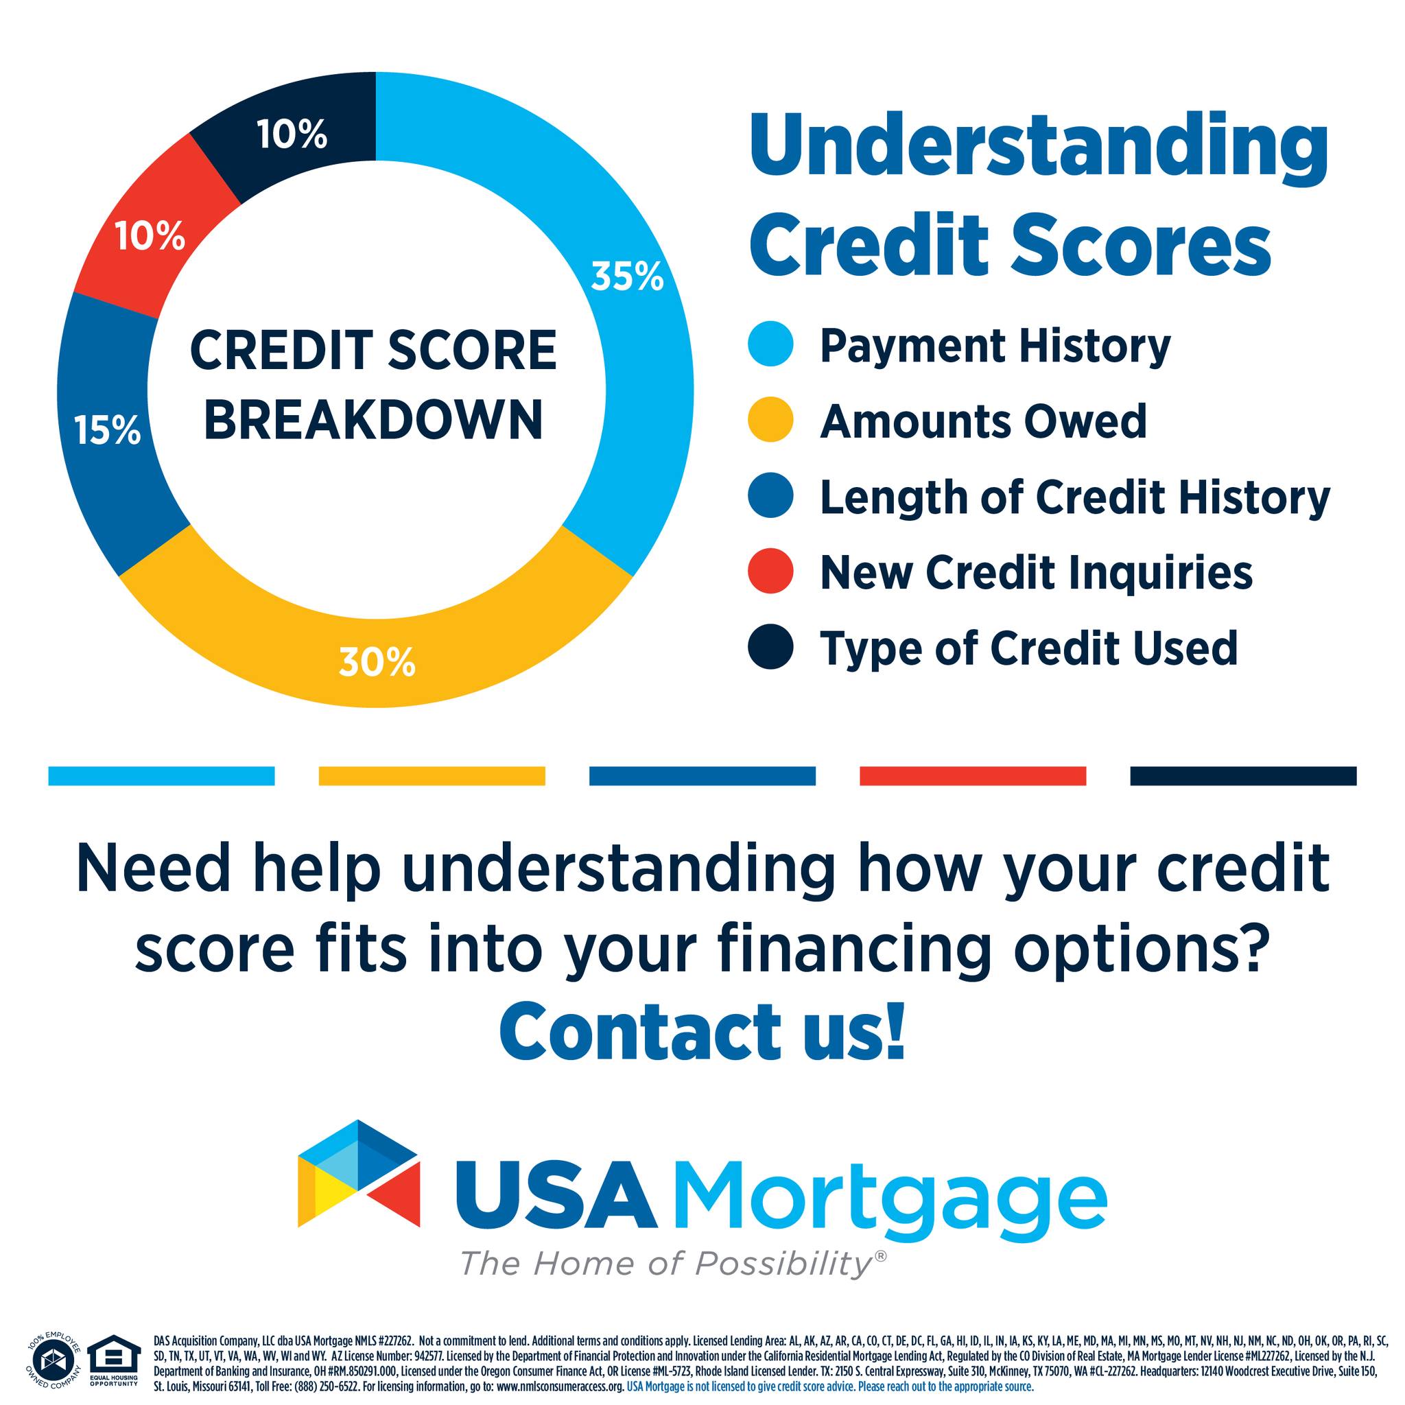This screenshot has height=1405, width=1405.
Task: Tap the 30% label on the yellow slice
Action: [377, 663]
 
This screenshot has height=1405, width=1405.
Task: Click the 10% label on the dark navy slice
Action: [292, 135]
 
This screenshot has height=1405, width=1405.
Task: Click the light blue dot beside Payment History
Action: [770, 344]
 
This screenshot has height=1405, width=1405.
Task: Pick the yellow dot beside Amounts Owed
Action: [770, 420]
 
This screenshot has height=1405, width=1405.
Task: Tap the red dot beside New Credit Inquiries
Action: [770, 571]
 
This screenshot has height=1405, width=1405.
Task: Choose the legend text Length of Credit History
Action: [1075, 498]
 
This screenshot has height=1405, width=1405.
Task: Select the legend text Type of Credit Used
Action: [1028, 647]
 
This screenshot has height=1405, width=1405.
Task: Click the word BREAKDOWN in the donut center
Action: [374, 420]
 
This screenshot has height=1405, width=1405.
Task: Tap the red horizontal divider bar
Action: [973, 776]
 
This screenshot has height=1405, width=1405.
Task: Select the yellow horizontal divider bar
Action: [432, 776]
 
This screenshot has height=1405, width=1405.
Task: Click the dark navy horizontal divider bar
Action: [1244, 776]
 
